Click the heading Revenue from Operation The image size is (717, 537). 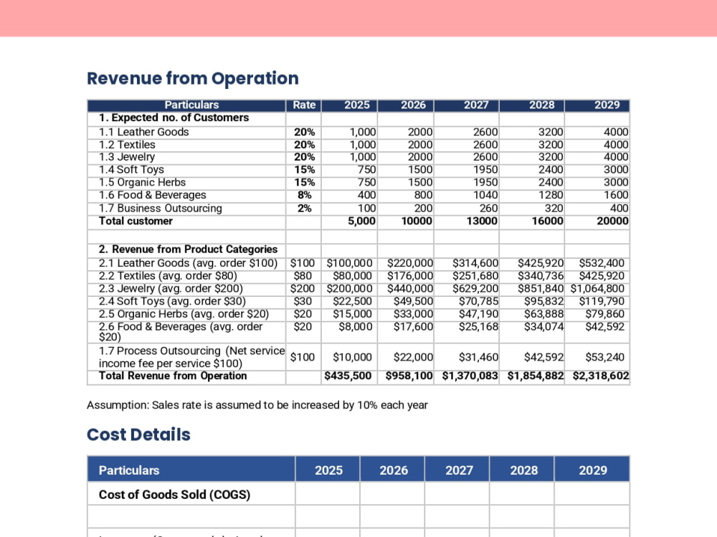coord(192,78)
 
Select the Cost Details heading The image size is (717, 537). coord(138,434)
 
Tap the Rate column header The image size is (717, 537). coord(304,105)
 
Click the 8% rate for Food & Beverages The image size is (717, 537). coord(305,195)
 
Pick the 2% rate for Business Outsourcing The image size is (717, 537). coord(305,208)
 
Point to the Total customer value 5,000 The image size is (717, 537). coord(361,221)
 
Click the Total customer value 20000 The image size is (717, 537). coord(612,221)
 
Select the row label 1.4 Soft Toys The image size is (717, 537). coord(131,170)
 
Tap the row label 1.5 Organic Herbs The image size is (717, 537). coord(142,182)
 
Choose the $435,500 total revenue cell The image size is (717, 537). coord(348,376)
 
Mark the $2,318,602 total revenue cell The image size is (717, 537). coord(601,376)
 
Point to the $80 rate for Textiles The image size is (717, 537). coord(303,276)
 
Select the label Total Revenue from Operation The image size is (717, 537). coord(173,376)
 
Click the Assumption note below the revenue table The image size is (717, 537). coord(257,405)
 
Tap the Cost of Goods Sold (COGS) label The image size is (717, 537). coord(175,495)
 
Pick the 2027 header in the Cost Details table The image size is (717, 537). coord(459,470)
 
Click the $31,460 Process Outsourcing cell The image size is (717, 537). coord(478,357)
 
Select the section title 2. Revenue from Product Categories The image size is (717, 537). coord(188,250)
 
